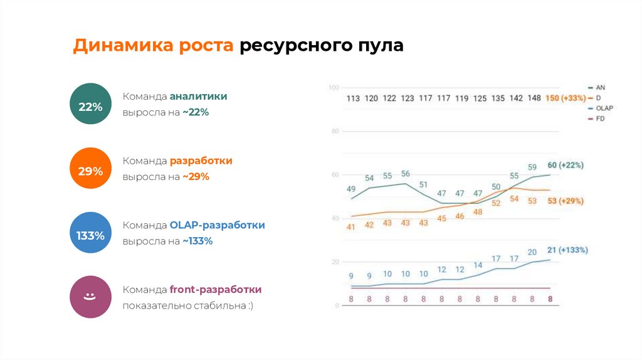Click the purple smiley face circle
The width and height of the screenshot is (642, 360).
90,297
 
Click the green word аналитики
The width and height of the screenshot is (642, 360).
198,97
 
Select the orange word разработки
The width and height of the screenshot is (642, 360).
201,161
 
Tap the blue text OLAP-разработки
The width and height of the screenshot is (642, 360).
217,225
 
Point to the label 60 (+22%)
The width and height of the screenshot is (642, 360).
566,166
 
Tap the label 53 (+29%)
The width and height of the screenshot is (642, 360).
566,201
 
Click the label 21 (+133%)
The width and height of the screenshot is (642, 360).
567,250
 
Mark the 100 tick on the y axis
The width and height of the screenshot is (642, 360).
333,88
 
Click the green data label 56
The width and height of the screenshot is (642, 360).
405,174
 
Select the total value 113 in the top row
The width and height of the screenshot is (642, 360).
353,98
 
